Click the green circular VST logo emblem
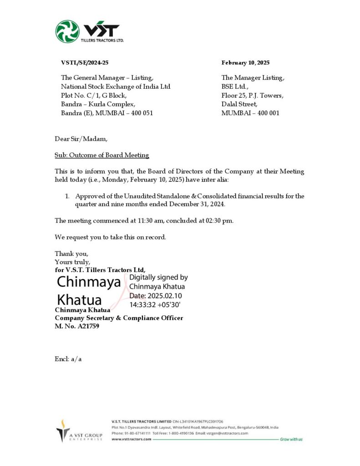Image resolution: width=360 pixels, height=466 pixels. click(67, 31)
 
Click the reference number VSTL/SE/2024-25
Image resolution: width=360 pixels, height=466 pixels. click(85, 63)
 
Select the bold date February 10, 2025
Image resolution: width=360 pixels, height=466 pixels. click(245, 63)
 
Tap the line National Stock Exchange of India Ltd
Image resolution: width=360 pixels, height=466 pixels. click(116, 86)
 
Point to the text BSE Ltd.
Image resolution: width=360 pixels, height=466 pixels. click(235, 86)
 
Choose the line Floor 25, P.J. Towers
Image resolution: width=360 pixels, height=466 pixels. click(252, 95)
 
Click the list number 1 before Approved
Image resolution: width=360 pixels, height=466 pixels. click(66, 196)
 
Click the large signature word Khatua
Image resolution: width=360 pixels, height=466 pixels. click(79, 300)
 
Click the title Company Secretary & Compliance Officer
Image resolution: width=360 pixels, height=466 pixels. click(119, 318)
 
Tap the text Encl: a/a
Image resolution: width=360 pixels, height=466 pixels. click(68, 359)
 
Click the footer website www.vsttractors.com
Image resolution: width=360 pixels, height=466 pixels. click(131, 439)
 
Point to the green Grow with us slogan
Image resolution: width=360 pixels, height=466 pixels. click(291, 439)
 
